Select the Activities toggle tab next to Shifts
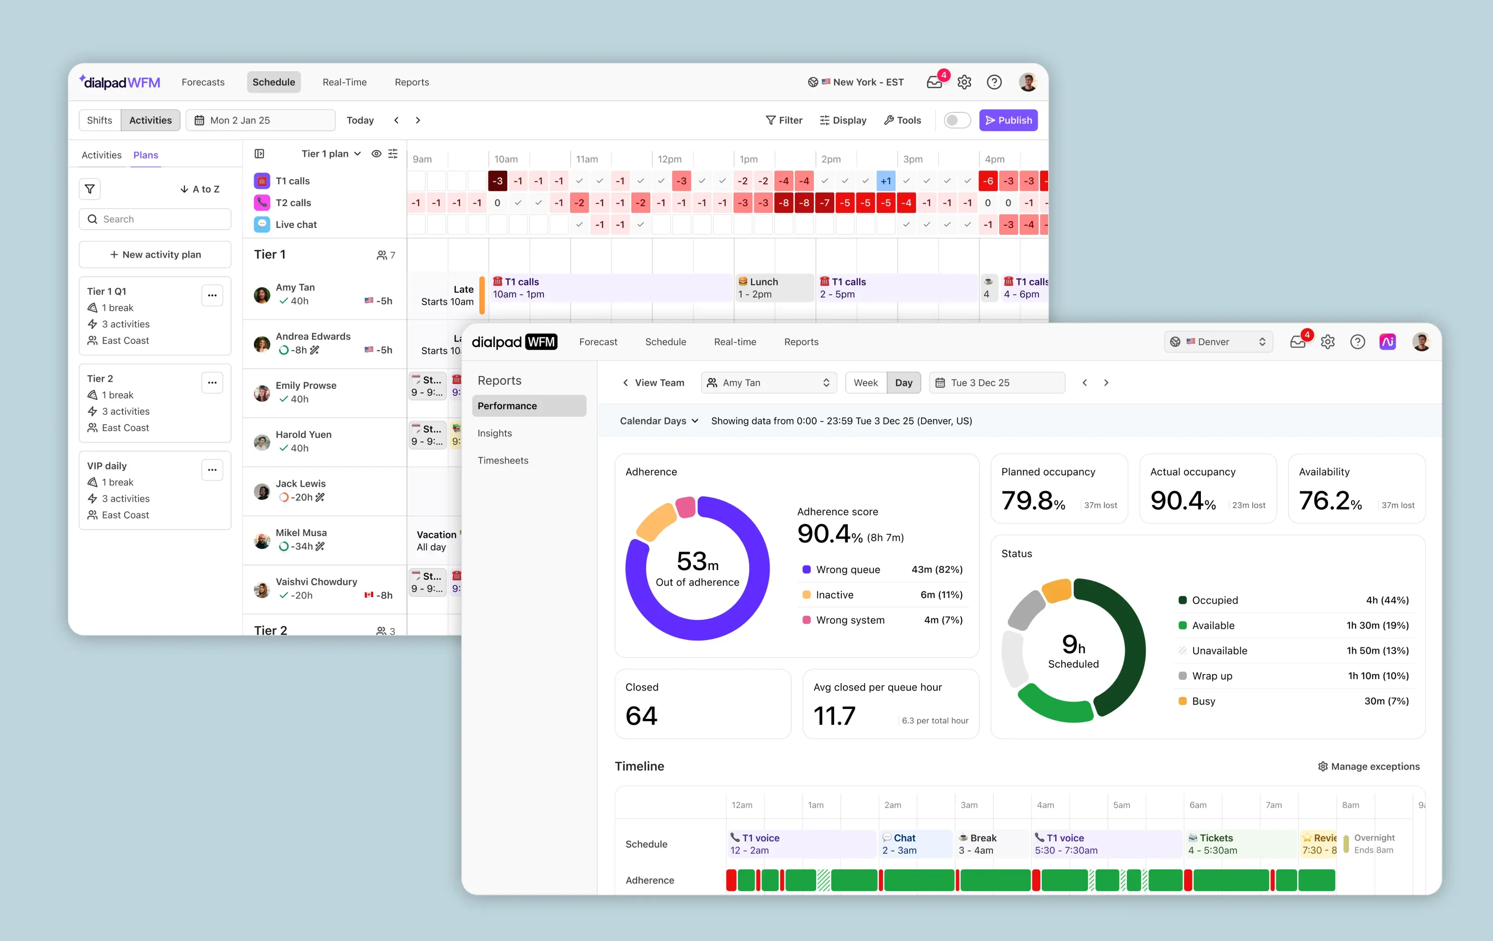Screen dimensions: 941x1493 150,120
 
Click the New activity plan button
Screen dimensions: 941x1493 155,254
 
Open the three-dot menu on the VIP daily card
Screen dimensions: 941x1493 212,470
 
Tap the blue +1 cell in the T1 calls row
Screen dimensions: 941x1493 885,181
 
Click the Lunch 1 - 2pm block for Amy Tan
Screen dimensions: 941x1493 773,288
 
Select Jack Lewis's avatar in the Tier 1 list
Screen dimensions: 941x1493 262,491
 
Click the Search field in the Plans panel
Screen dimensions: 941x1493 155,219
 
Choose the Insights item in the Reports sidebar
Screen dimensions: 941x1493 494,433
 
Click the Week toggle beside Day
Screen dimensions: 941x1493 865,383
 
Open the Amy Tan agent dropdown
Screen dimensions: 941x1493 768,383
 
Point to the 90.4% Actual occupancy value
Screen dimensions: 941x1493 1182,500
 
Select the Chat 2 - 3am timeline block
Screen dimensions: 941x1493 915,844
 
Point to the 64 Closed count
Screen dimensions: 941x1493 641,716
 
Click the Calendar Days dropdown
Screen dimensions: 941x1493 658,421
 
